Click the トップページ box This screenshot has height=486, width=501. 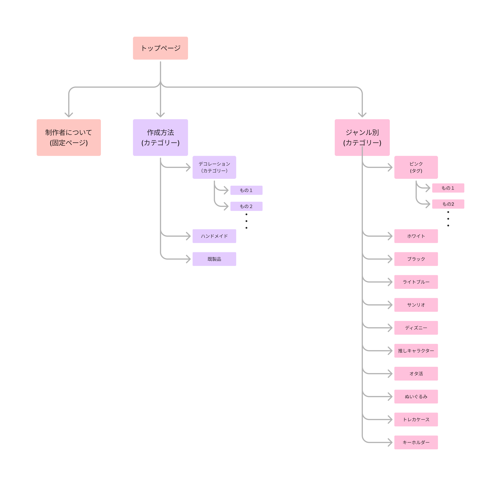160,48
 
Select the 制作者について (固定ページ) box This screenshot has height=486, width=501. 69,137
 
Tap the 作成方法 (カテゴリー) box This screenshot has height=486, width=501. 160,137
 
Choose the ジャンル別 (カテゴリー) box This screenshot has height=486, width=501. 362,137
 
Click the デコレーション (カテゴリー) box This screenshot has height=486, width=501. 214,167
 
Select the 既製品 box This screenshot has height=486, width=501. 214,259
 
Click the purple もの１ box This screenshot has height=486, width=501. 246,190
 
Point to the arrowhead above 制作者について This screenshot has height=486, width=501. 69,115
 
